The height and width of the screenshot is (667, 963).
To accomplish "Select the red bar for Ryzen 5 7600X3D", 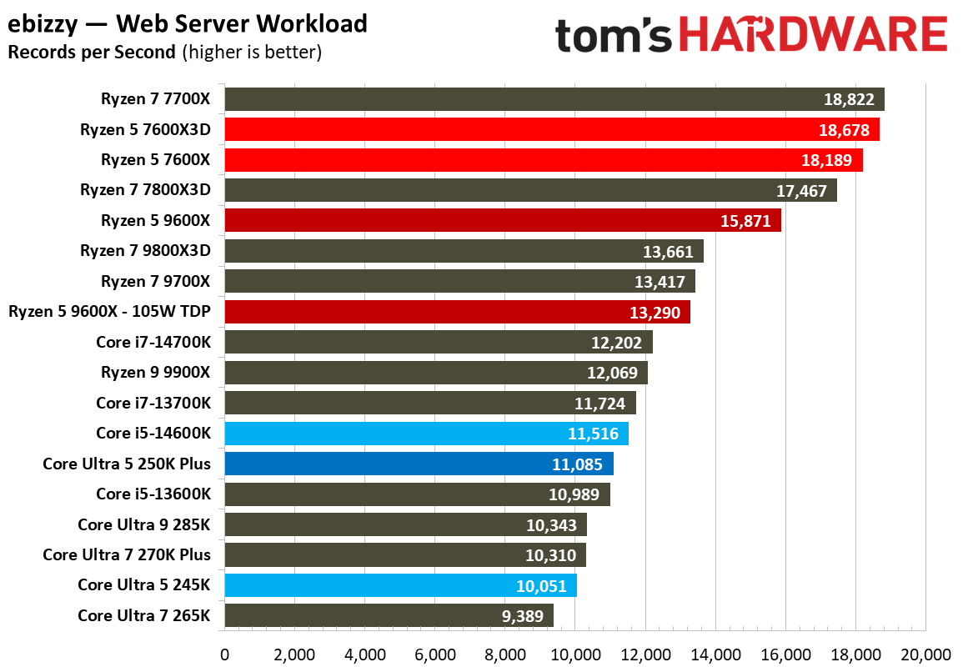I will tap(551, 129).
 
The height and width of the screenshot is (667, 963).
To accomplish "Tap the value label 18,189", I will tap(827, 160).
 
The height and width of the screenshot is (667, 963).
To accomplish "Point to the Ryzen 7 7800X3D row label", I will tap(145, 190).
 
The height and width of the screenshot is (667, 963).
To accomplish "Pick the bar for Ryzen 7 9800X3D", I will tap(464, 251).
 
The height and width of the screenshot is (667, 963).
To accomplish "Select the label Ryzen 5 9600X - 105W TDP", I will tap(109, 312).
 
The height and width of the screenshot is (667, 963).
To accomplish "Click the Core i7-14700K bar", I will tap(438, 343).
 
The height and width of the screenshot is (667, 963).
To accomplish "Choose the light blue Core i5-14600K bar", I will tap(426, 434).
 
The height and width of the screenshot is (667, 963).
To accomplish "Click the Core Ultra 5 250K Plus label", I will tap(127, 464).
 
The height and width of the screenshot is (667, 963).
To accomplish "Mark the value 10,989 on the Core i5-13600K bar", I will tap(574, 494).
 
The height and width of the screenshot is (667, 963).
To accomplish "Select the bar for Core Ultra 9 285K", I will tap(405, 524).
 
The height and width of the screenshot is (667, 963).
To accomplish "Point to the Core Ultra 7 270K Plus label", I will tap(127, 554).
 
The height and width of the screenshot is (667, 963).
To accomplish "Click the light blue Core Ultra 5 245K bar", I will tap(400, 585).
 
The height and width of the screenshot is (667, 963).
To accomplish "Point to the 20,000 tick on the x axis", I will tap(925, 654).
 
